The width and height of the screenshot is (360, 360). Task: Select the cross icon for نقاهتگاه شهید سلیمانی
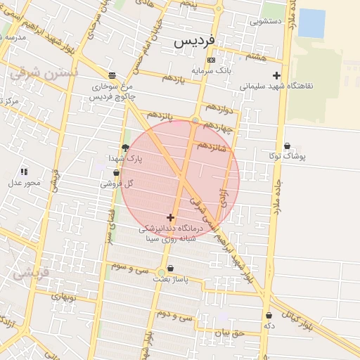276,76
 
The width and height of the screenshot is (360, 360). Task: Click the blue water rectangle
311,23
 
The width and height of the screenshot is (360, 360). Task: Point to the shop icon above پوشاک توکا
286,146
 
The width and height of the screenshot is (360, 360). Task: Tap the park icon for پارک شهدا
126,148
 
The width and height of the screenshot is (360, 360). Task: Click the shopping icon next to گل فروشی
116,173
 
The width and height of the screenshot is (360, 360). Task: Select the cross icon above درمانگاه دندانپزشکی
170,218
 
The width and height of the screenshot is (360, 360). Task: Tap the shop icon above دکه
268,316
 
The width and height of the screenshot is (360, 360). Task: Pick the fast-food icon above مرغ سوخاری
112,75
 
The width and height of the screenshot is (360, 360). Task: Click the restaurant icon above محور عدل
23,172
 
